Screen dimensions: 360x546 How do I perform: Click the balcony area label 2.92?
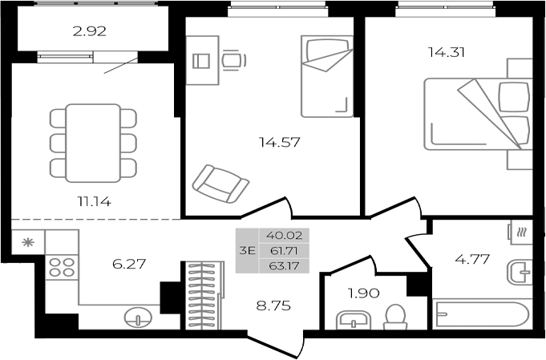click(x=90, y=34)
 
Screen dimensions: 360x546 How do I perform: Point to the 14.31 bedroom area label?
click(x=447, y=53)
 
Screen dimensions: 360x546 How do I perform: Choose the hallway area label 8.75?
click(x=273, y=305)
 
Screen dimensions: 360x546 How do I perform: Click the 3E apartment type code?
click(x=247, y=250)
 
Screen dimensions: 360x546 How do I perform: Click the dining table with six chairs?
click(x=93, y=142)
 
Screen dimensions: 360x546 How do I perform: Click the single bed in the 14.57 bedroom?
click(x=326, y=75)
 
